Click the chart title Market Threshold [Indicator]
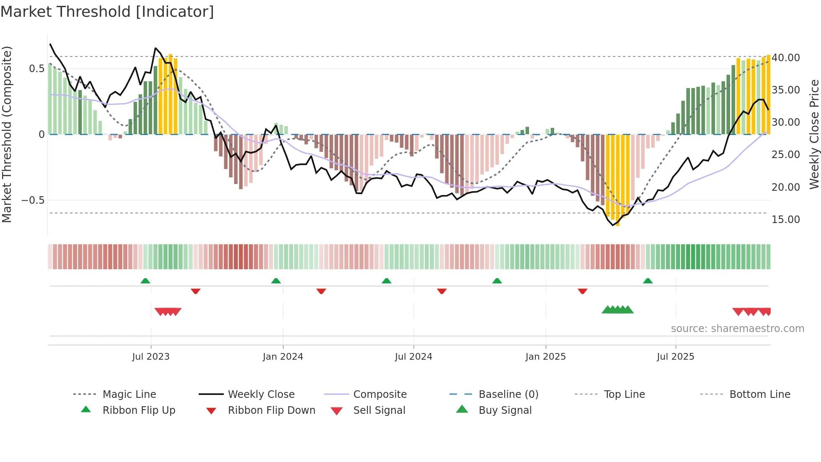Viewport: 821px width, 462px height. pyautogui.click(x=107, y=12)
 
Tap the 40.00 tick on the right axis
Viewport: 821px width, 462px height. pyautogui.click(x=785, y=58)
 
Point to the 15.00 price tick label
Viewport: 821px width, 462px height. pyautogui.click(x=785, y=220)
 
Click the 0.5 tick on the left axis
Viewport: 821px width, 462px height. pyautogui.click(x=36, y=69)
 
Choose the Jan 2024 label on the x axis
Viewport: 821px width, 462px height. pyautogui.click(x=283, y=357)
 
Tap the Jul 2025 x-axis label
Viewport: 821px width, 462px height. pyautogui.click(x=675, y=357)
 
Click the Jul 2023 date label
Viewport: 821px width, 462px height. pyautogui.click(x=151, y=357)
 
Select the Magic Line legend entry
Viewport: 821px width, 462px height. pyautogui.click(x=129, y=395)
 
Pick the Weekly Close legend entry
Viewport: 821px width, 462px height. pyautogui.click(x=261, y=395)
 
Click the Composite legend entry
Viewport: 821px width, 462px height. pyautogui.click(x=380, y=395)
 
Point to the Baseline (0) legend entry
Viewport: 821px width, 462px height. pyautogui.click(x=508, y=395)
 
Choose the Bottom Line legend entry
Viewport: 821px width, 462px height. pyautogui.click(x=759, y=395)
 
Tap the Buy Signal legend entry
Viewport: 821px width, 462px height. pyautogui.click(x=505, y=410)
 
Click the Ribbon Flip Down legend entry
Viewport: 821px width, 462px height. pyautogui.click(x=271, y=410)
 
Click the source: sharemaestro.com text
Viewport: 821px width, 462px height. pyautogui.click(x=737, y=329)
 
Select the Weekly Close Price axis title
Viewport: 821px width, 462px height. pyautogui.click(x=814, y=134)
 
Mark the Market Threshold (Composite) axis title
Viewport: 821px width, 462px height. pyautogui.click(x=7, y=134)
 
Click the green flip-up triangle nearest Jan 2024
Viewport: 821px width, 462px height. pyautogui.click(x=276, y=281)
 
